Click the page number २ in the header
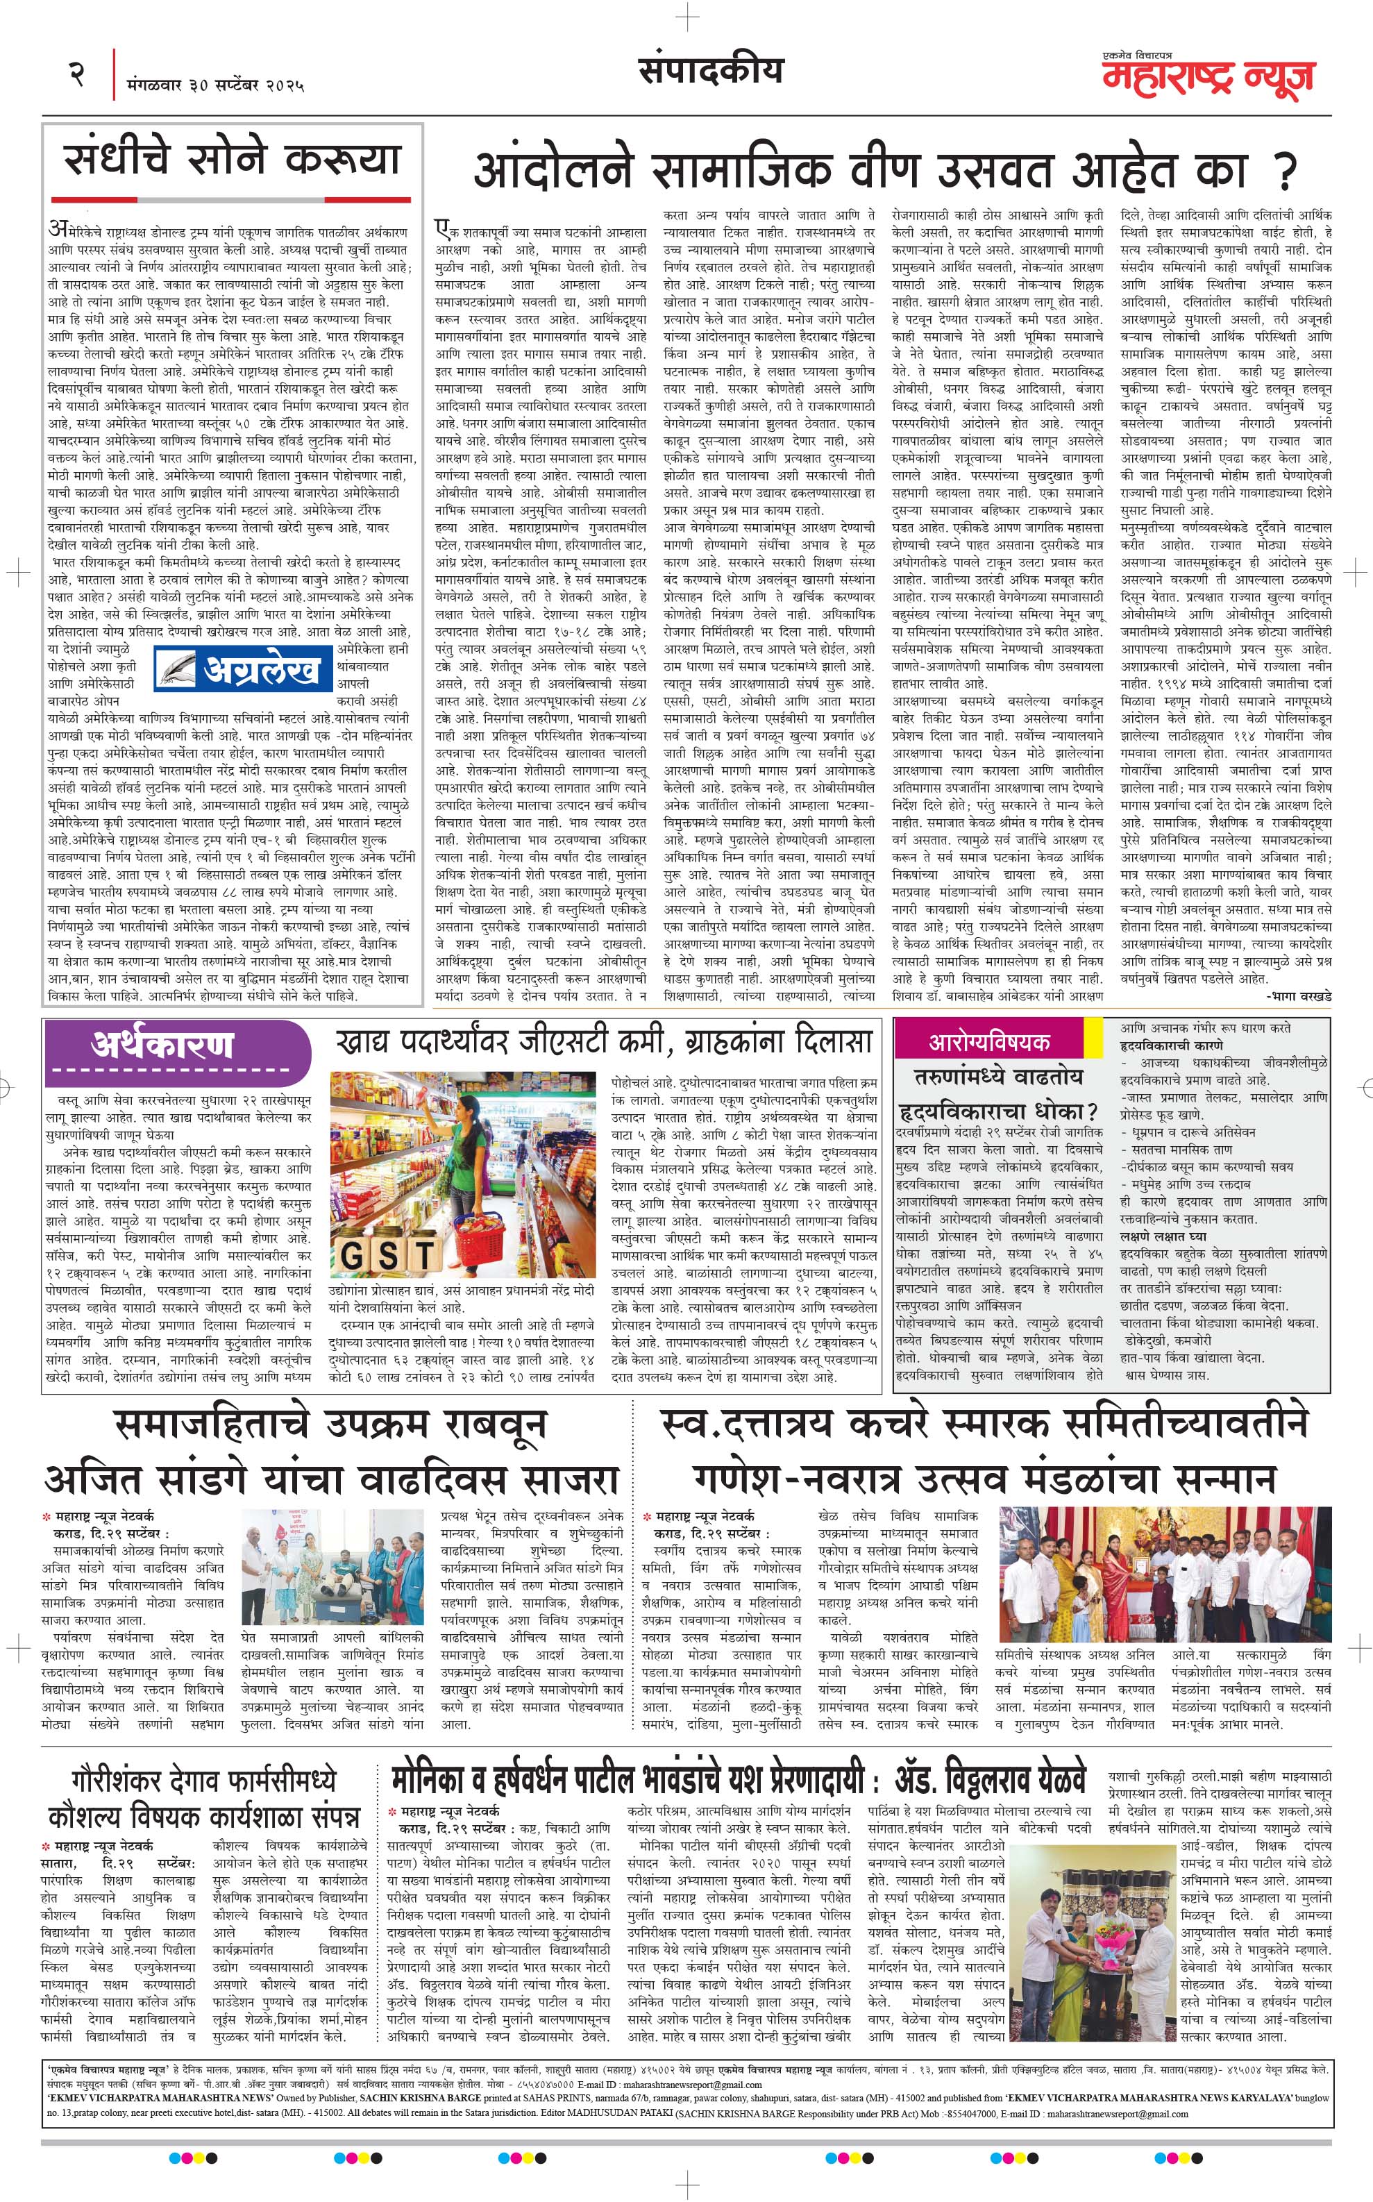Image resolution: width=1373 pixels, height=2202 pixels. point(76,73)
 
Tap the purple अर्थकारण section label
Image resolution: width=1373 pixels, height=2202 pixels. point(162,1046)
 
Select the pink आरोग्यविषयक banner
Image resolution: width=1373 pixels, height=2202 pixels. point(988,1041)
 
